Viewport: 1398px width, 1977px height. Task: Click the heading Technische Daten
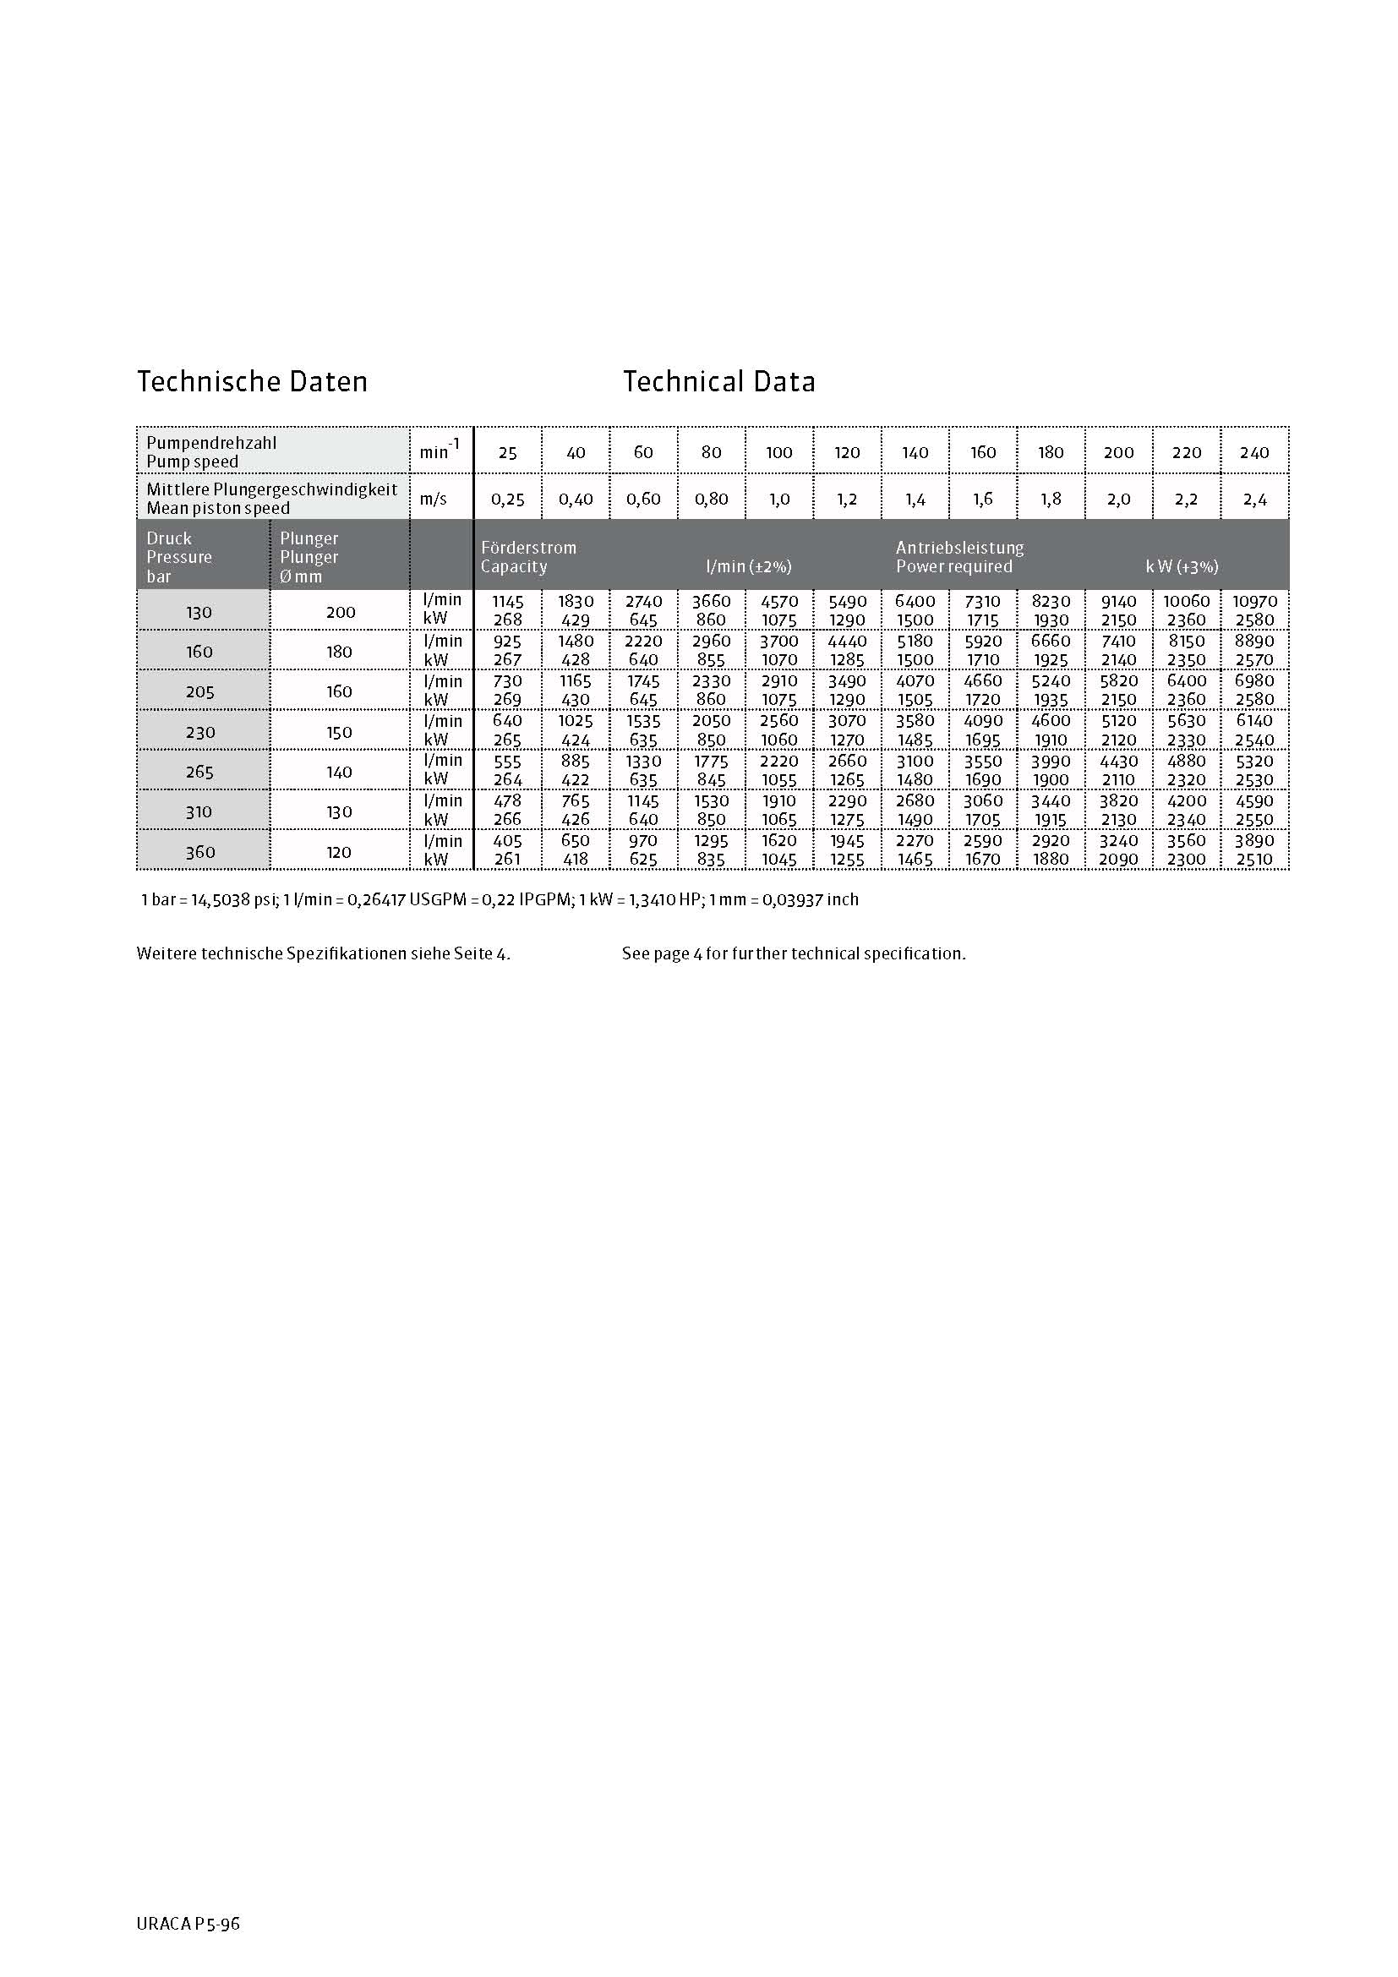252,381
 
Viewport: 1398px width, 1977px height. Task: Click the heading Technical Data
718,381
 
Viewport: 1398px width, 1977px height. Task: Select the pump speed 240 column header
1254,452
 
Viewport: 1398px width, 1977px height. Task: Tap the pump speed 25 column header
508,452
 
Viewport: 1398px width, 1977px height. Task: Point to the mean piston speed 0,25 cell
508,499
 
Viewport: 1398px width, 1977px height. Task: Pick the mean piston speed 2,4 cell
1254,499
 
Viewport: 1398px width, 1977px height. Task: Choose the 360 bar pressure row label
199,852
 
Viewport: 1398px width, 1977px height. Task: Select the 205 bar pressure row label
199,691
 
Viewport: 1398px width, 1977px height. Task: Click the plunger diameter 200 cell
340,612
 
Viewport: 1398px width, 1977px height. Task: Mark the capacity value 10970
1254,601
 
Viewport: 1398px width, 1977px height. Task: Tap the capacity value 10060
1186,601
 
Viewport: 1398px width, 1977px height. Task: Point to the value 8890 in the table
1254,641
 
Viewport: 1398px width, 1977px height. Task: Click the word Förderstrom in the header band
528,548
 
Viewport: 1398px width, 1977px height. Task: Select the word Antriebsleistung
960,548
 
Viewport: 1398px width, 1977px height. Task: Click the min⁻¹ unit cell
440,450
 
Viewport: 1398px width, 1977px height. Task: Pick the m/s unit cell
434,499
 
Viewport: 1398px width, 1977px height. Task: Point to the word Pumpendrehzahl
212,443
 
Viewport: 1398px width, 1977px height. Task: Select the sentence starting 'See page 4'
794,953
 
